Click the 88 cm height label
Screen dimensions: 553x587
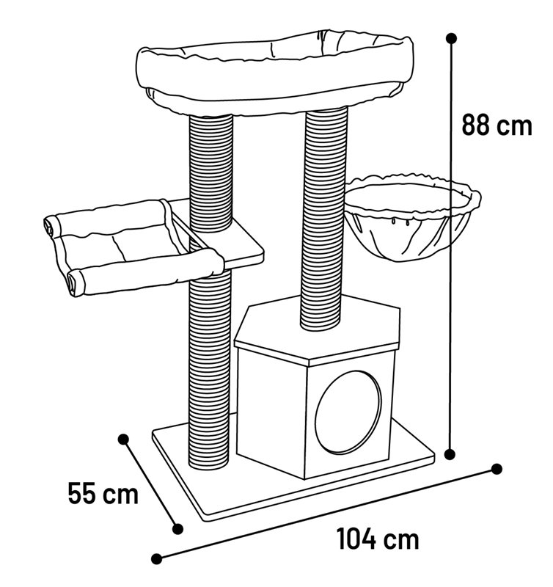pos(497,125)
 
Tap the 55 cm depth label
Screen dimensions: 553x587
pos(103,493)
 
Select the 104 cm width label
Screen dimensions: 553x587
pos(378,539)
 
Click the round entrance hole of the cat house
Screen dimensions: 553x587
pos(348,412)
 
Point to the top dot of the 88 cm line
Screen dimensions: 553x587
pos(452,38)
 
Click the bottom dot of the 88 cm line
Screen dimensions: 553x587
pos(450,454)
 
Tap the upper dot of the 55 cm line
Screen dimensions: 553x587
pos(123,439)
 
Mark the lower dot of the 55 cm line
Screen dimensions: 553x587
pos(177,528)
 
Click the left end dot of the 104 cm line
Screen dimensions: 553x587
pos(157,559)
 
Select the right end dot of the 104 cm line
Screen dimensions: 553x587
pos(496,469)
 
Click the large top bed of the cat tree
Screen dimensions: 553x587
pos(275,73)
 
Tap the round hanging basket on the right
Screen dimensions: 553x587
pos(412,217)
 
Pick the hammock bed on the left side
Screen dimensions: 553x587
pos(134,247)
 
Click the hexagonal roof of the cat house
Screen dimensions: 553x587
pos(318,329)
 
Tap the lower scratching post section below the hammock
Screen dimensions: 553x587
pos(210,371)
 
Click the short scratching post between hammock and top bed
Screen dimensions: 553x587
pos(211,173)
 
